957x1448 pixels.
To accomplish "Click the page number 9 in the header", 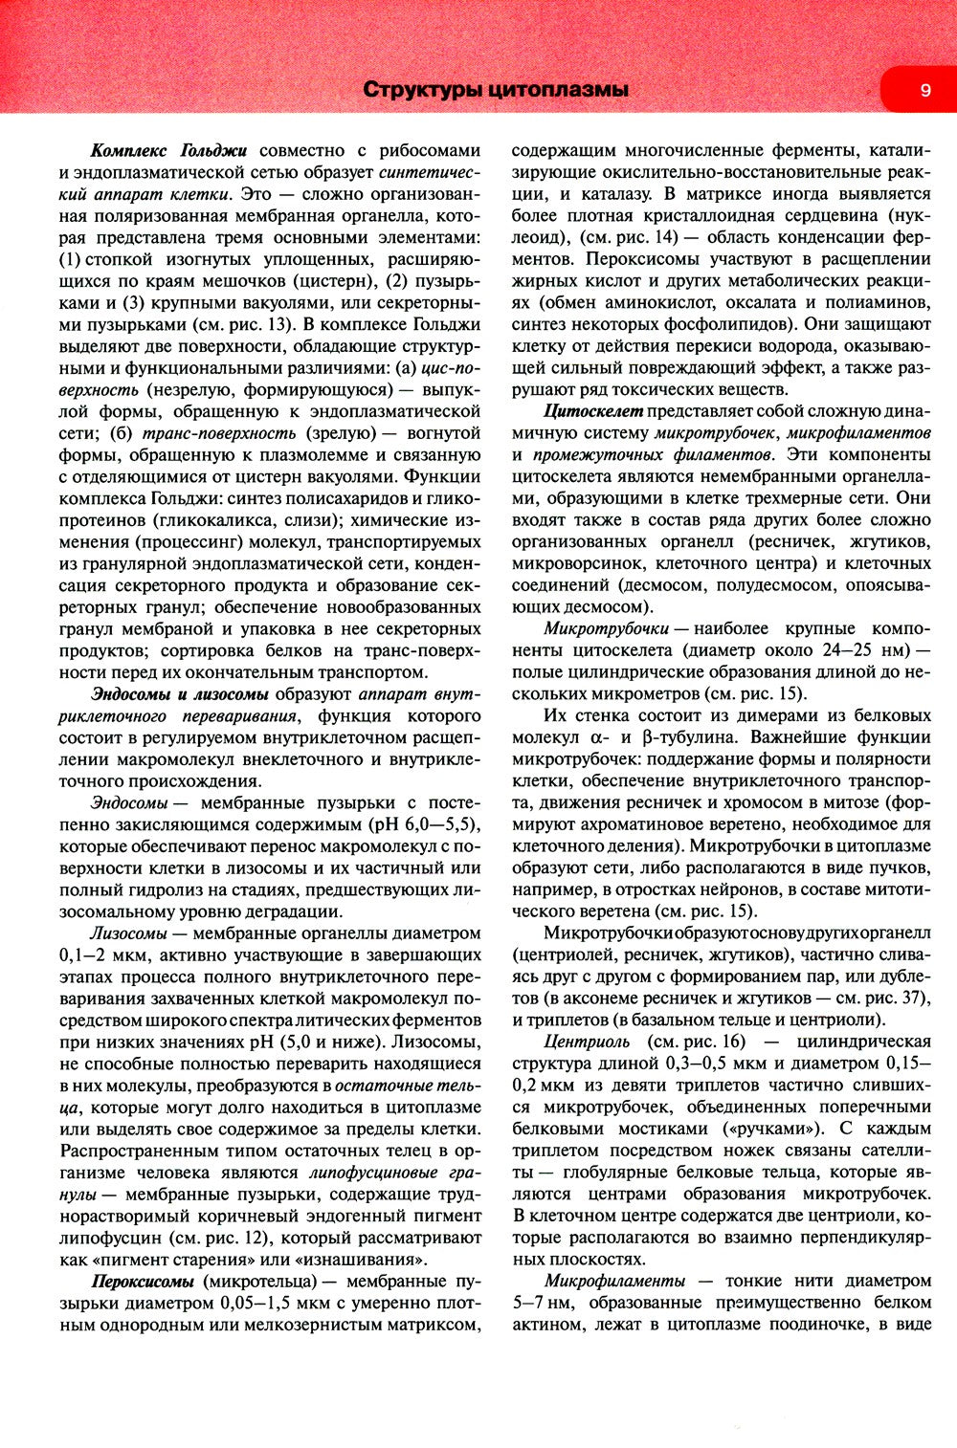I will click(x=924, y=90).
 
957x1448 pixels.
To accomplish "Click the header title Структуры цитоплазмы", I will click(x=496, y=90).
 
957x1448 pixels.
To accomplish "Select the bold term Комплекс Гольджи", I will click(x=168, y=150).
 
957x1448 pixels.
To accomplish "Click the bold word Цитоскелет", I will click(x=593, y=411).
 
